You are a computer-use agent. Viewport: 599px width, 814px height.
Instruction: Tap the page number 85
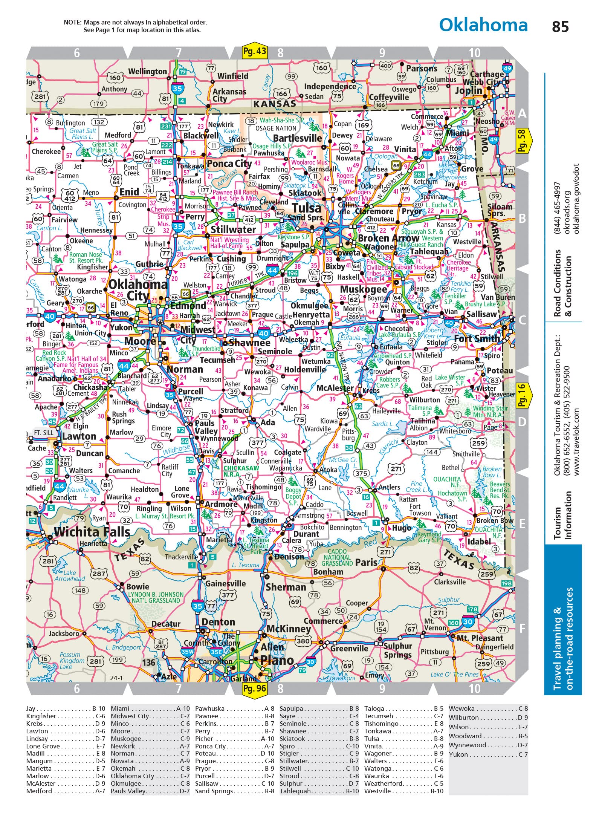[x=560, y=27]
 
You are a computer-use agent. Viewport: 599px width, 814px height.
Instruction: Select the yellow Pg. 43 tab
[x=255, y=51]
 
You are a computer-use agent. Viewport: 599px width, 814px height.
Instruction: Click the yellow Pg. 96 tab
[x=255, y=689]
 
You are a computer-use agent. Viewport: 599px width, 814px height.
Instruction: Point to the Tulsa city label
[x=307, y=208]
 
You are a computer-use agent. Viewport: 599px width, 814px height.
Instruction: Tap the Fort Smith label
[x=477, y=338]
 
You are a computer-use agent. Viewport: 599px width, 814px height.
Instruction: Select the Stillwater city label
[x=233, y=229]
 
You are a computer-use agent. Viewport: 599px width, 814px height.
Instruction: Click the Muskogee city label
[x=363, y=289]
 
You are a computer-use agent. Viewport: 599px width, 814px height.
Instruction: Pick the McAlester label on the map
[x=335, y=388]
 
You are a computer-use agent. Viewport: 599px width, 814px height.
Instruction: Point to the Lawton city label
[x=79, y=436]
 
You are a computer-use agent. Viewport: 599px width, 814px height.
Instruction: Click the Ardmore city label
[x=221, y=504]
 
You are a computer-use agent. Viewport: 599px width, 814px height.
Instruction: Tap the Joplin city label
[x=468, y=90]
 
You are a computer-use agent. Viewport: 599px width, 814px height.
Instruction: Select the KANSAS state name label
[x=274, y=104]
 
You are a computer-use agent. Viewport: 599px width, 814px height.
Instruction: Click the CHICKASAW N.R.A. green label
[x=241, y=471]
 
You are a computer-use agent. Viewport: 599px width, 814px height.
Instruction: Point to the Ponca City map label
[x=229, y=164]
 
